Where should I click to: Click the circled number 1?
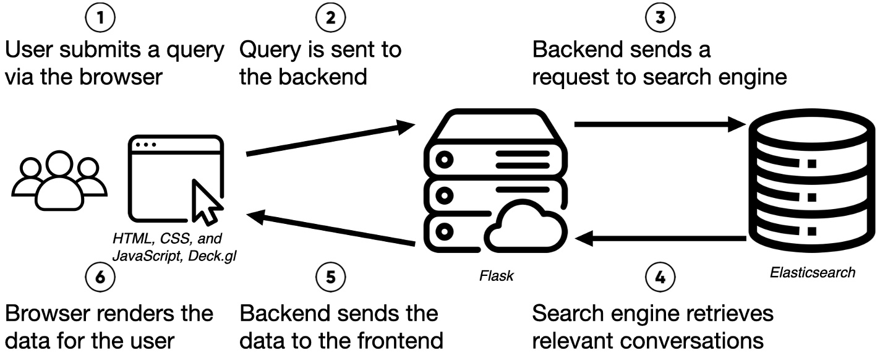101,19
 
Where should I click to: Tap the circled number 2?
331,19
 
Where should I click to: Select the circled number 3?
660,19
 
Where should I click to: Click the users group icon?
59,179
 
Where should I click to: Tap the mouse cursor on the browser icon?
207,202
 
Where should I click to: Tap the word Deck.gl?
218,252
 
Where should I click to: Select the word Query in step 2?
268,49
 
